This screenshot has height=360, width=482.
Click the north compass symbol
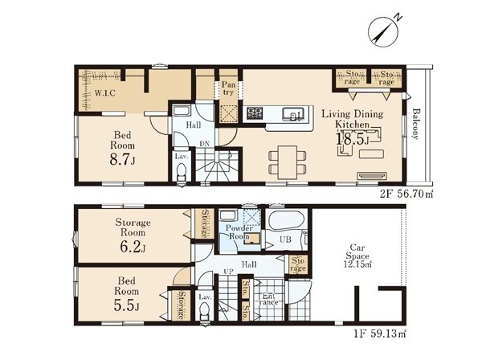tap(383, 31)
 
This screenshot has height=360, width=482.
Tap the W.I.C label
tap(104, 93)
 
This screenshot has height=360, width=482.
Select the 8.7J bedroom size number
tap(122, 160)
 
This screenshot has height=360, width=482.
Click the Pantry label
tap(228, 88)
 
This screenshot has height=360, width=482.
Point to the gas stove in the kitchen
tap(255, 113)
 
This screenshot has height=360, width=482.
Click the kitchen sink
tap(294, 114)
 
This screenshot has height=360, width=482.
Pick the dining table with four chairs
tap(288, 162)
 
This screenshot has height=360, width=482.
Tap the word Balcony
tap(416, 124)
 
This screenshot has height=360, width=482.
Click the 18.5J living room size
tap(353, 139)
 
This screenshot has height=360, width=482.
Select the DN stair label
tap(204, 144)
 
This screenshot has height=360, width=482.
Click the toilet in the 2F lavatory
tap(182, 172)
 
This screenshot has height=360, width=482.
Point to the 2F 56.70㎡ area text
tap(406, 194)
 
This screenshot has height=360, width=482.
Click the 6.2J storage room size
tap(133, 247)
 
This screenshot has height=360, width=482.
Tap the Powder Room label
tap(239, 232)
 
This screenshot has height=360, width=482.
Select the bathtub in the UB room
tap(286, 219)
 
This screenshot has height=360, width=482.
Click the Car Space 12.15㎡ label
tap(357, 256)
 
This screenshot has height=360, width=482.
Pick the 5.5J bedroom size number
tap(126, 305)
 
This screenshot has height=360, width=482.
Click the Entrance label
tap(268, 299)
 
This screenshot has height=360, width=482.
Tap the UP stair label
tap(228, 271)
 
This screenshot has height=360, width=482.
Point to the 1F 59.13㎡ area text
tap(380, 333)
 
